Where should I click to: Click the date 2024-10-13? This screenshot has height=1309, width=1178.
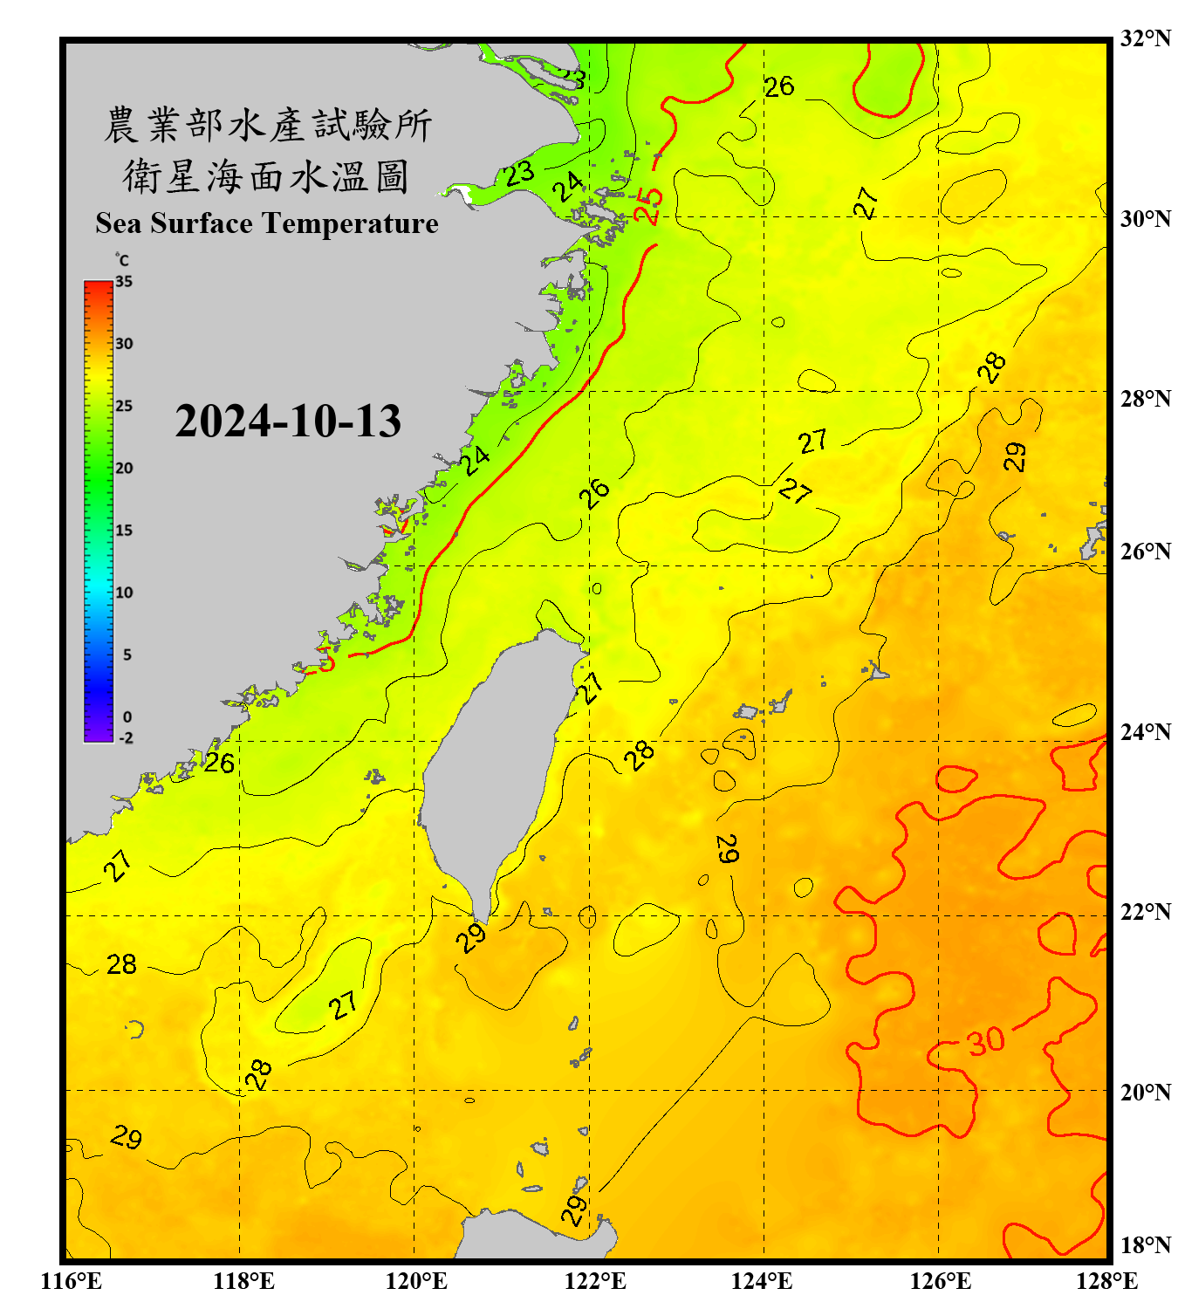(288, 421)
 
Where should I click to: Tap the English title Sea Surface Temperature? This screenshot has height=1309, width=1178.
(267, 223)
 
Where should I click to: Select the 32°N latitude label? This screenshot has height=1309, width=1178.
(1145, 38)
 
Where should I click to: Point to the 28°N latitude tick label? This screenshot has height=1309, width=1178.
(1145, 398)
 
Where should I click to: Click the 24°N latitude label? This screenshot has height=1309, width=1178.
(1145, 731)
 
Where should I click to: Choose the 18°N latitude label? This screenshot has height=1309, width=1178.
(1145, 1244)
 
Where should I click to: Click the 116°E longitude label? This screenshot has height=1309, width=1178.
(71, 1281)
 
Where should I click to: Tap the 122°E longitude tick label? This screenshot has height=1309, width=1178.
(595, 1281)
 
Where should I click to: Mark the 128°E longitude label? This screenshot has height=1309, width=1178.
(1106, 1281)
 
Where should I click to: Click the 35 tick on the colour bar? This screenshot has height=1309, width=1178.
(124, 282)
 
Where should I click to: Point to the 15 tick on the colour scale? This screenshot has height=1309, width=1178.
(124, 531)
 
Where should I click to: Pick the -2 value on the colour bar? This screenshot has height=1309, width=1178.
(126, 738)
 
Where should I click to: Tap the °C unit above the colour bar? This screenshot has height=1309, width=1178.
(122, 260)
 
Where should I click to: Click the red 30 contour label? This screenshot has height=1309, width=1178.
(986, 1040)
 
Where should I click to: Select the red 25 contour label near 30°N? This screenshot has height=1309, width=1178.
(649, 206)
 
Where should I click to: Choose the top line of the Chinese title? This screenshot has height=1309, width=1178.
(267, 125)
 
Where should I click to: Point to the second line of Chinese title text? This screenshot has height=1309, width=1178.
(267, 176)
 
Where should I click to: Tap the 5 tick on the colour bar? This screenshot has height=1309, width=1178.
(127, 654)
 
